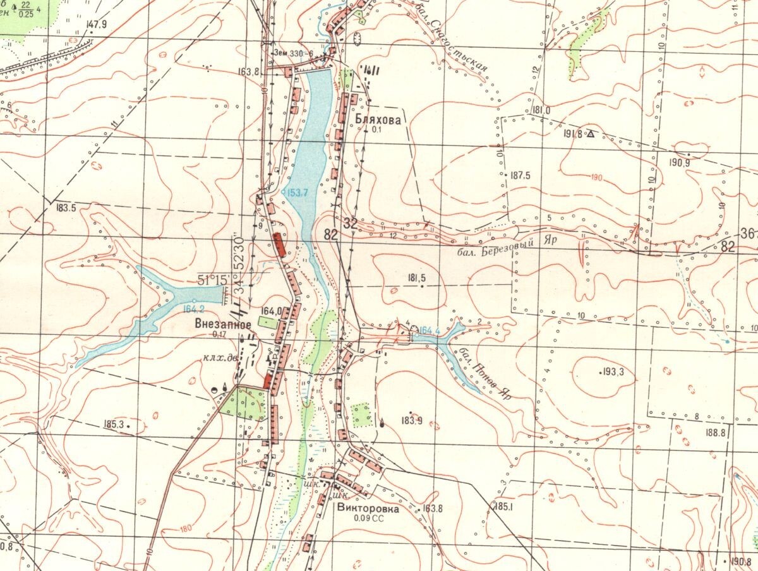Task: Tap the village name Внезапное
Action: click(221, 324)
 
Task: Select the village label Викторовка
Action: click(368, 508)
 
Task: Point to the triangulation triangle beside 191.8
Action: click(591, 134)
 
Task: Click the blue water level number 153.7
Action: click(298, 193)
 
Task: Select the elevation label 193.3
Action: click(613, 372)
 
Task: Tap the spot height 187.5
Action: click(520, 176)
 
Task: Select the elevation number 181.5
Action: click(417, 277)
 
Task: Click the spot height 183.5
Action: click(66, 207)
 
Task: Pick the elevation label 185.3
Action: click(112, 424)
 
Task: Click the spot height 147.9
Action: click(97, 25)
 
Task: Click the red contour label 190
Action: click(597, 177)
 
